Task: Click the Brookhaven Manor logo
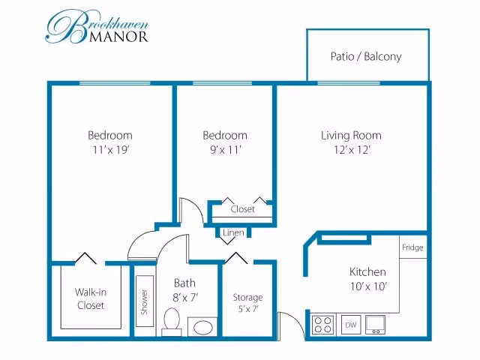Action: [97, 27]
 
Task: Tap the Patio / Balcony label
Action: [366, 57]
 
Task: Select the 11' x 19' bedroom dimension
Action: [111, 150]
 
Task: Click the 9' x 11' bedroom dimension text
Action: [226, 150]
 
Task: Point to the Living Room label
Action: [352, 135]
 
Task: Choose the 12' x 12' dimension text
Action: [352, 150]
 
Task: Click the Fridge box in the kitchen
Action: [413, 247]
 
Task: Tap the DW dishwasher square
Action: [351, 325]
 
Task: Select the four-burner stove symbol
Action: [323, 325]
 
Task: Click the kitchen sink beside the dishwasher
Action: [375, 325]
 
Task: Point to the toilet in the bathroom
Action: [172, 322]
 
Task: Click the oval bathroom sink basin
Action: [202, 328]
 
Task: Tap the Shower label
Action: [144, 301]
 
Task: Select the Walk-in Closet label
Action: [91, 298]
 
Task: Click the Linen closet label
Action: [233, 232]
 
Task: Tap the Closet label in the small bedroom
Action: [242, 209]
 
